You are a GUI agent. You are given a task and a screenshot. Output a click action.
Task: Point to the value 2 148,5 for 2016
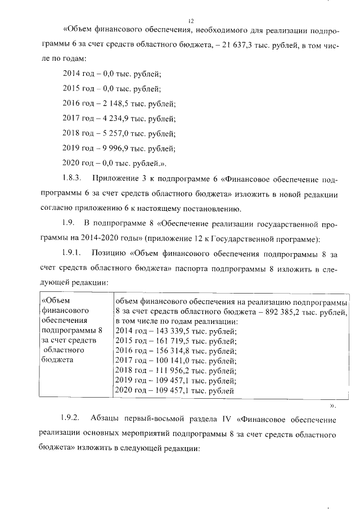tap(115, 104)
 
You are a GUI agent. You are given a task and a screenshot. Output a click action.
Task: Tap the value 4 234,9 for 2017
tap(115, 119)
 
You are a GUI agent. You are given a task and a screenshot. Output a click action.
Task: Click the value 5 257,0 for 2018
tap(115, 134)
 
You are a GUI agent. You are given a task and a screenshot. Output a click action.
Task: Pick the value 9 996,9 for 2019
tap(115, 148)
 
